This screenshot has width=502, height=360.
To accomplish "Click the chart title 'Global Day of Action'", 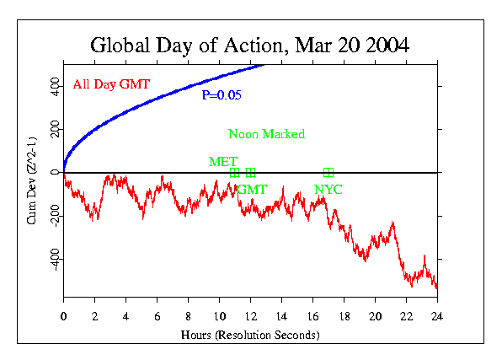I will tap(250, 45).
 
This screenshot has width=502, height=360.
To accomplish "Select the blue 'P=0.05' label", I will tap(222, 95).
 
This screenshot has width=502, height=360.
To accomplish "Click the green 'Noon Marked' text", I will tap(266, 134).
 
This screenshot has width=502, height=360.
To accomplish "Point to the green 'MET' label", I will tap(223, 161).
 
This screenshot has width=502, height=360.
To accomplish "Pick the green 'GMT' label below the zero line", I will tap(251, 189).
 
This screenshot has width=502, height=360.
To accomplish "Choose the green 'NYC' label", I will tap(328, 189).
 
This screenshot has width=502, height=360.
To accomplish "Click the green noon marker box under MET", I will tap(235, 173).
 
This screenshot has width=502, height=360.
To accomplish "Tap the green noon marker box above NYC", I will tap(328, 173).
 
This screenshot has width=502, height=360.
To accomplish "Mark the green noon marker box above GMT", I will tap(250, 173).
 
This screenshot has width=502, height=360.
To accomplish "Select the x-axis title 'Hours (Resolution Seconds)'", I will tap(250, 335).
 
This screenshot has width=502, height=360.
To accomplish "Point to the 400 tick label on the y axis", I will tap(52, 86).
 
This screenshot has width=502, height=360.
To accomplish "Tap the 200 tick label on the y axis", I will tap(52, 129).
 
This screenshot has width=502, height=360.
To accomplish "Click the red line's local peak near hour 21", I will tap(393, 223).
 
